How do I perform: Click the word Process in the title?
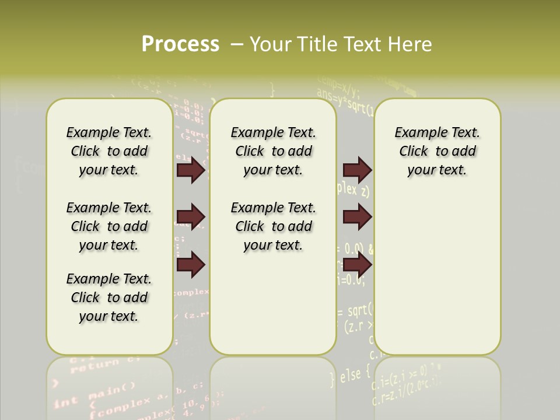coord(180,44)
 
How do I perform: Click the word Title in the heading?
coord(318,44)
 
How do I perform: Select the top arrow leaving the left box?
coord(191,170)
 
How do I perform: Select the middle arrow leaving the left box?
coord(191,217)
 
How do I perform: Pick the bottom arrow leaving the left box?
coord(191,265)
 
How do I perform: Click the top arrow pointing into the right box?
coord(357,170)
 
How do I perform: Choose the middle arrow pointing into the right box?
coord(357,217)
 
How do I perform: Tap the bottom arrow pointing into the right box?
coord(357,265)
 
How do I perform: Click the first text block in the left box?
coord(109,152)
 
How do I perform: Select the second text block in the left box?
coord(109,226)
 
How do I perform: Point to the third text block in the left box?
coord(109,297)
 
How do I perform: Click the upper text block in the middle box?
coord(273,152)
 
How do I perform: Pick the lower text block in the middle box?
coord(273,226)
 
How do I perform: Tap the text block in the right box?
coord(437,152)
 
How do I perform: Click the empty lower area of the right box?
coord(437,280)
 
